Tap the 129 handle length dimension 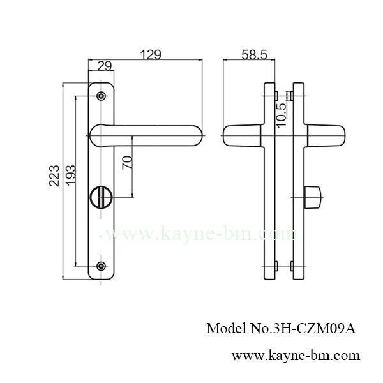click(x=151, y=55)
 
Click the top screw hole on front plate click(x=100, y=96)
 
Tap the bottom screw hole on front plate click(x=100, y=266)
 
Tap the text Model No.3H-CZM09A click(x=281, y=329)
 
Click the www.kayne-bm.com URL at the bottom click(x=295, y=354)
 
